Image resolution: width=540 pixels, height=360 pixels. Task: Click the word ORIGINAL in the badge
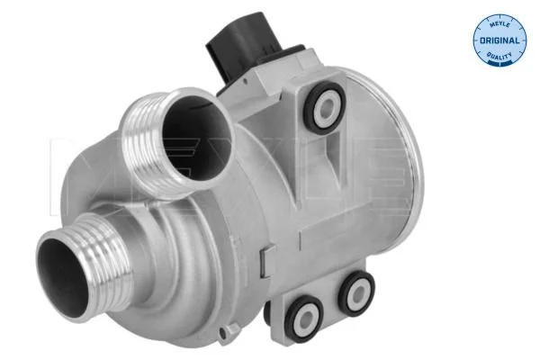point(499,40)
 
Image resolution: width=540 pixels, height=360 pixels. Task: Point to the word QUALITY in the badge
point(499,55)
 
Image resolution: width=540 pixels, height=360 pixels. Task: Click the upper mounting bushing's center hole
point(326,108)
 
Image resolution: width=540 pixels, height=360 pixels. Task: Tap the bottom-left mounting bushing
point(303,319)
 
